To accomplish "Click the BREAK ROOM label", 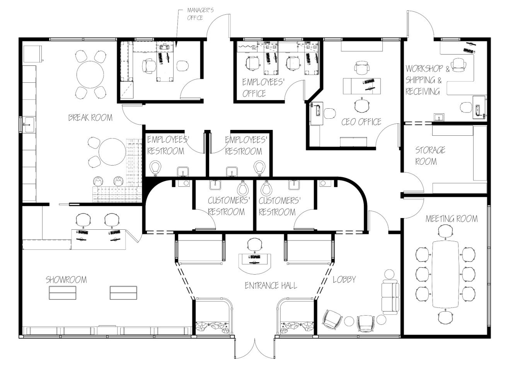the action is [90, 118].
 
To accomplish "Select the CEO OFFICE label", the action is [361, 122].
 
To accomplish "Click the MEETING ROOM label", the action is [451, 219].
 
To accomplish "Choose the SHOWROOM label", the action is [66, 280].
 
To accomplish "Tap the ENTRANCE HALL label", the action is [271, 285].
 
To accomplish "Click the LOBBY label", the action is [344, 279].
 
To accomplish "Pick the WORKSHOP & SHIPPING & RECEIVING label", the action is [427, 80].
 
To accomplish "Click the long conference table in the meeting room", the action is [445, 273].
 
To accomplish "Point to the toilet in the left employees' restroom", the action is [156, 167].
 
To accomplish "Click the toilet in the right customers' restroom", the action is [266, 189].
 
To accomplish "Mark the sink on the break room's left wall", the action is [28, 125].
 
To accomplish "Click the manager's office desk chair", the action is [148, 67].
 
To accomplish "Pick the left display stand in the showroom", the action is [62, 292].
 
